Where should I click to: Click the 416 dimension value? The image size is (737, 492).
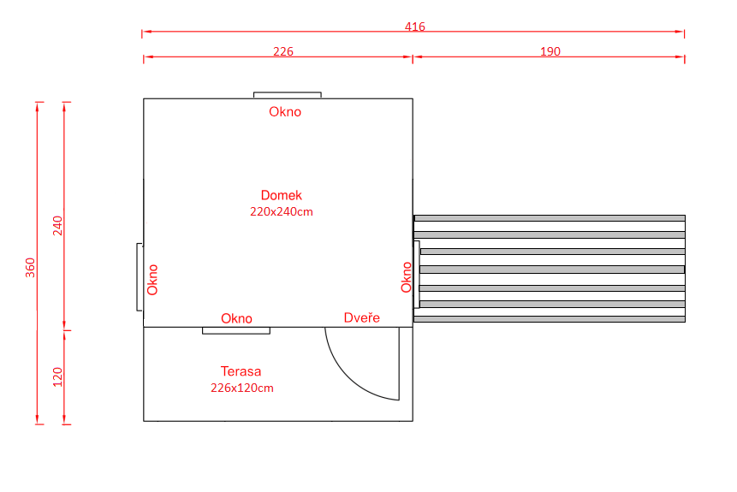coord(415,27)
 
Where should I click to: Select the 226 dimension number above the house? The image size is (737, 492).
coord(283,51)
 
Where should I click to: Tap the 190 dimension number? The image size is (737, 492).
coord(550,51)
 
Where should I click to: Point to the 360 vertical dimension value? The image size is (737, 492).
coord(30,267)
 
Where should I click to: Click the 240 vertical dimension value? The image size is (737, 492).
coord(57,226)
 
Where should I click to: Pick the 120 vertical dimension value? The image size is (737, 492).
coord(57,376)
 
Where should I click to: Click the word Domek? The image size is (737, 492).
coord(281,195)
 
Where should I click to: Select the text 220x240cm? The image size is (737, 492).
coord(281,211)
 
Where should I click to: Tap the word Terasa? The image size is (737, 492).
coord(241,371)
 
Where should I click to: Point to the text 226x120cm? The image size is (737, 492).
coord(241,388)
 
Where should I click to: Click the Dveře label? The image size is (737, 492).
coord(361,317)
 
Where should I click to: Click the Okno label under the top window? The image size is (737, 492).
coord(285,112)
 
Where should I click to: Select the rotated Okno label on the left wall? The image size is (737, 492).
coord(152,280)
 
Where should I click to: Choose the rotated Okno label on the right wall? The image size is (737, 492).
coord(406,277)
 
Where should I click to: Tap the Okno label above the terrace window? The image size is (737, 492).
coord(236,318)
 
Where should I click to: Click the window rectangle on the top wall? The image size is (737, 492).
coord(288,95)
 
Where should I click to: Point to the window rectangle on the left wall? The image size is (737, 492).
coord(140,276)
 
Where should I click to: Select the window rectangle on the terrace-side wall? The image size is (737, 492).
coord(236,331)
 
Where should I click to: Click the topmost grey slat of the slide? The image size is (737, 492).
coord(550,218)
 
